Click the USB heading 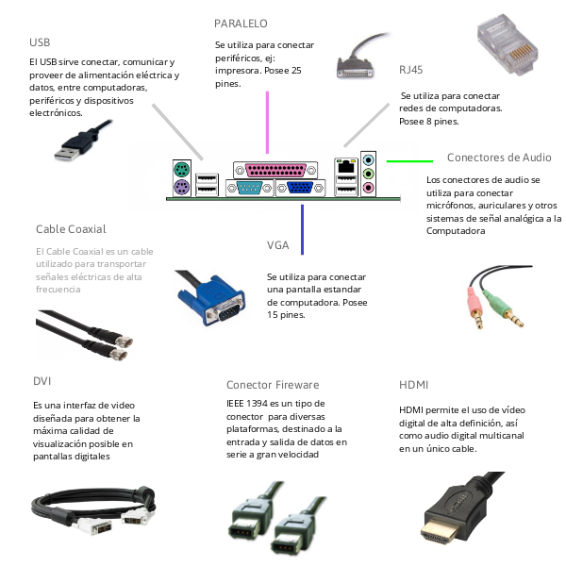[40, 42]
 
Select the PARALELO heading [241, 23]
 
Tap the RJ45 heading [412, 71]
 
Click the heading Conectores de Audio [499, 158]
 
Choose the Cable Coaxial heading [71, 229]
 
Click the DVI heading [42, 381]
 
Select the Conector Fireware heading [273, 385]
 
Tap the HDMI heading [415, 385]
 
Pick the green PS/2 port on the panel [182, 171]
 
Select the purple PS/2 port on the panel [182, 188]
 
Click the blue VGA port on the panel [301, 188]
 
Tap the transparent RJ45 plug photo [513, 48]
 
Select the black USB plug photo [75, 144]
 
